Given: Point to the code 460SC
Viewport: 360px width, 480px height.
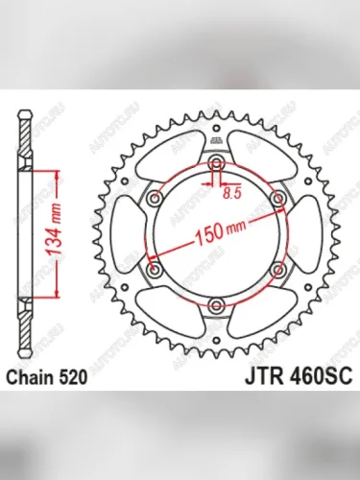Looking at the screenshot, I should [x=298, y=379].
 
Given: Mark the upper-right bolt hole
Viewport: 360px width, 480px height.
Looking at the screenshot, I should [x=278, y=197].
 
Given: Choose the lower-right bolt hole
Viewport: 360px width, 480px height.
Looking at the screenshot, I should [x=278, y=270].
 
